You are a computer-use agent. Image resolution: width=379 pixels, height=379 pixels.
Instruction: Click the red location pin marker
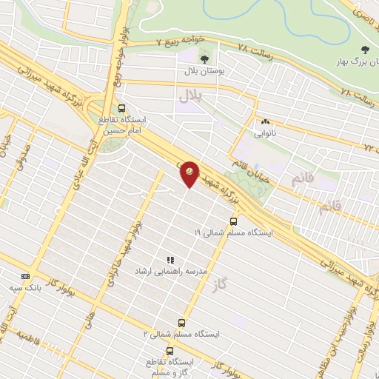(189, 172)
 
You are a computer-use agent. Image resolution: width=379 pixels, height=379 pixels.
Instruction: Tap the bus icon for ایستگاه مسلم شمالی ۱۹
(234, 221)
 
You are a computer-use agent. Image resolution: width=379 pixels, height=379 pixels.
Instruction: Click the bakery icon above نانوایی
(264, 122)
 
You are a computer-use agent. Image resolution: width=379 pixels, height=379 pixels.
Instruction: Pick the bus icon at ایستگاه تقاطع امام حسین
(121, 107)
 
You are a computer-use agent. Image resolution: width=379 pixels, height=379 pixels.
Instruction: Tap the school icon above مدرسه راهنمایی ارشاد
(170, 260)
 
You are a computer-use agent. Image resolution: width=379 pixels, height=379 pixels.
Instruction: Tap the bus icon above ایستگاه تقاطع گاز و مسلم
(170, 351)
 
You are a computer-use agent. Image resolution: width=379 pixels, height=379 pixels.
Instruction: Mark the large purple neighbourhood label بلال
(190, 97)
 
